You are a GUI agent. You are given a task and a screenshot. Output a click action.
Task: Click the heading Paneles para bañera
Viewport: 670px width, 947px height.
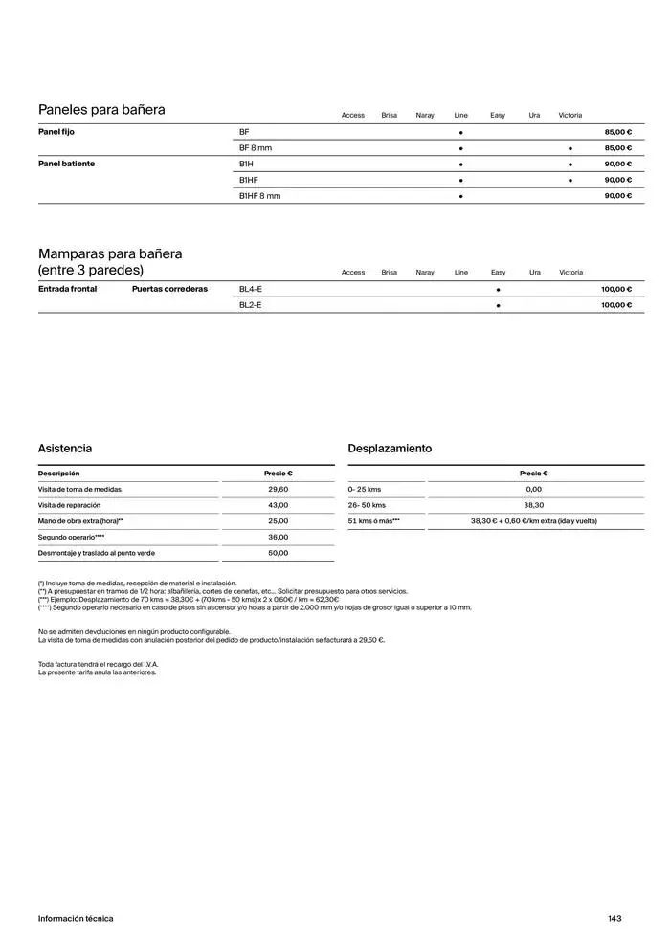(101, 110)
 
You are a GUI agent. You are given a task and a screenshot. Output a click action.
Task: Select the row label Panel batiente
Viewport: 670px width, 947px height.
(66, 164)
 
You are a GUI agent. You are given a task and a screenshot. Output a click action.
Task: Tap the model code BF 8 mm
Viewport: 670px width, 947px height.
(256, 148)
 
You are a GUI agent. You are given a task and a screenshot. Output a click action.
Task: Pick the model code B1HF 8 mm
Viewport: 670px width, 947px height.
(260, 196)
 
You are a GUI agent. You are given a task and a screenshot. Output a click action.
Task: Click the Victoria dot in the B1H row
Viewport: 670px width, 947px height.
(570, 165)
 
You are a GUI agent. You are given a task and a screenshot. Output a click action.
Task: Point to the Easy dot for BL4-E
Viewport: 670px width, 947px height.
(498, 289)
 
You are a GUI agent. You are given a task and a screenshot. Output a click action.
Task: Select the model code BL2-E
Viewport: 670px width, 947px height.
(251, 305)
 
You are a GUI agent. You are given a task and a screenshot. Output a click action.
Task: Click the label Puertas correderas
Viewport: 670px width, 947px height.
(169, 289)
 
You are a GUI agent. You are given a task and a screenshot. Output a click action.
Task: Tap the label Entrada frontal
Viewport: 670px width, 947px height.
(67, 289)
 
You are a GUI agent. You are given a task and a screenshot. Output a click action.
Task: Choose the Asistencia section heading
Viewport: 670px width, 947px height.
(65, 449)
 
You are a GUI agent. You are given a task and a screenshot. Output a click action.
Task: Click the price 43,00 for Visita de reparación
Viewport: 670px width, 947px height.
(278, 505)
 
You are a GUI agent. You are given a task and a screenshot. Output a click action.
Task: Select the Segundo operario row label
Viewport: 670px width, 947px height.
(71, 537)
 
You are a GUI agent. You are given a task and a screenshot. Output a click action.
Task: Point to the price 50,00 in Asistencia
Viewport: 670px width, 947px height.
(278, 553)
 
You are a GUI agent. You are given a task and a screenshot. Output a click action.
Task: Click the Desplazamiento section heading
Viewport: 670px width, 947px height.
(390, 449)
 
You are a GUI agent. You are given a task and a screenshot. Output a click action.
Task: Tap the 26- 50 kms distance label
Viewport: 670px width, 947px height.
(367, 505)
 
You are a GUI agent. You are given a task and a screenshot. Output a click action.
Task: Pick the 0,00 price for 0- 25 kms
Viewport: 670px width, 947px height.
(533, 489)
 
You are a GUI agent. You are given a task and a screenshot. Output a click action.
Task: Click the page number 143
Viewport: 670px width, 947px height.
(614, 919)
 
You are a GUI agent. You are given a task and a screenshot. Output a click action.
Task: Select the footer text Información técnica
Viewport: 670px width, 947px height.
(76, 919)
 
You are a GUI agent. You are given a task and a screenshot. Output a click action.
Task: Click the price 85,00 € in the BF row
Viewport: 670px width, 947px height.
(617, 132)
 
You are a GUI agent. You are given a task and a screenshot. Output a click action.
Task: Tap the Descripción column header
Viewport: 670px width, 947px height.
(59, 473)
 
